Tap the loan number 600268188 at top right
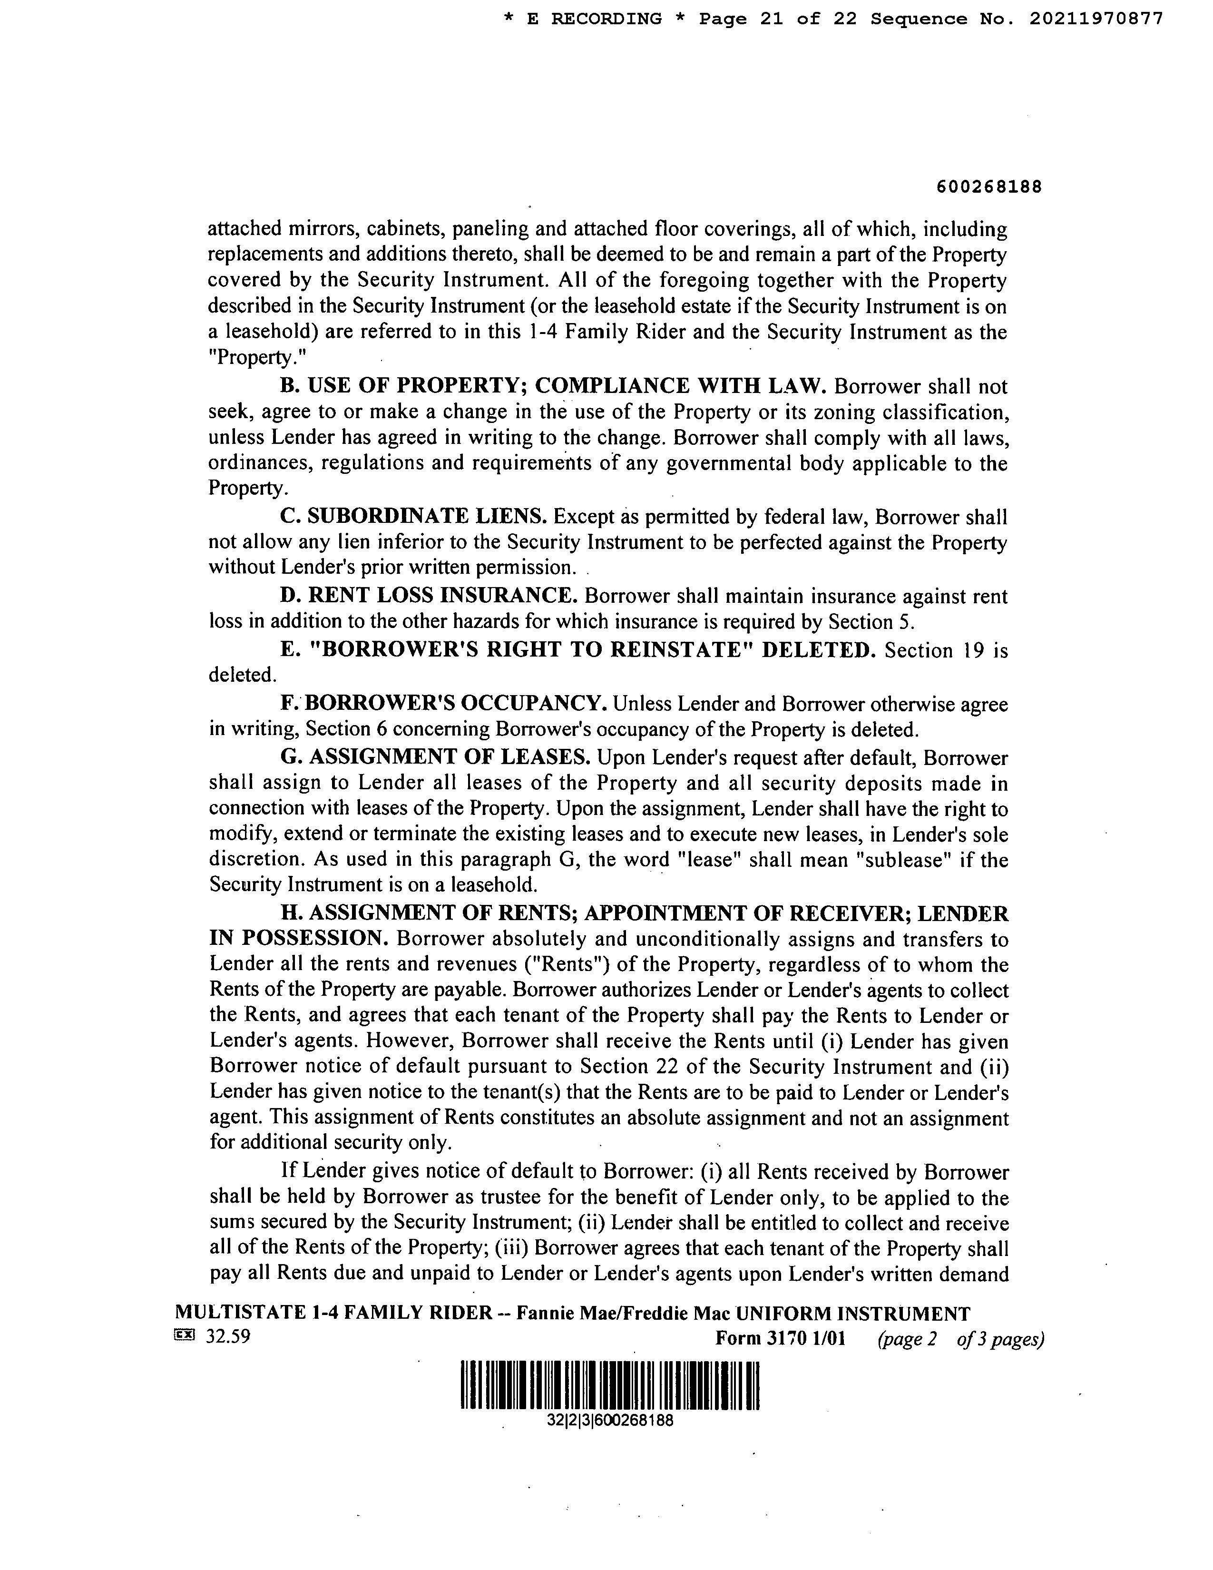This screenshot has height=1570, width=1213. pos(989,187)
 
